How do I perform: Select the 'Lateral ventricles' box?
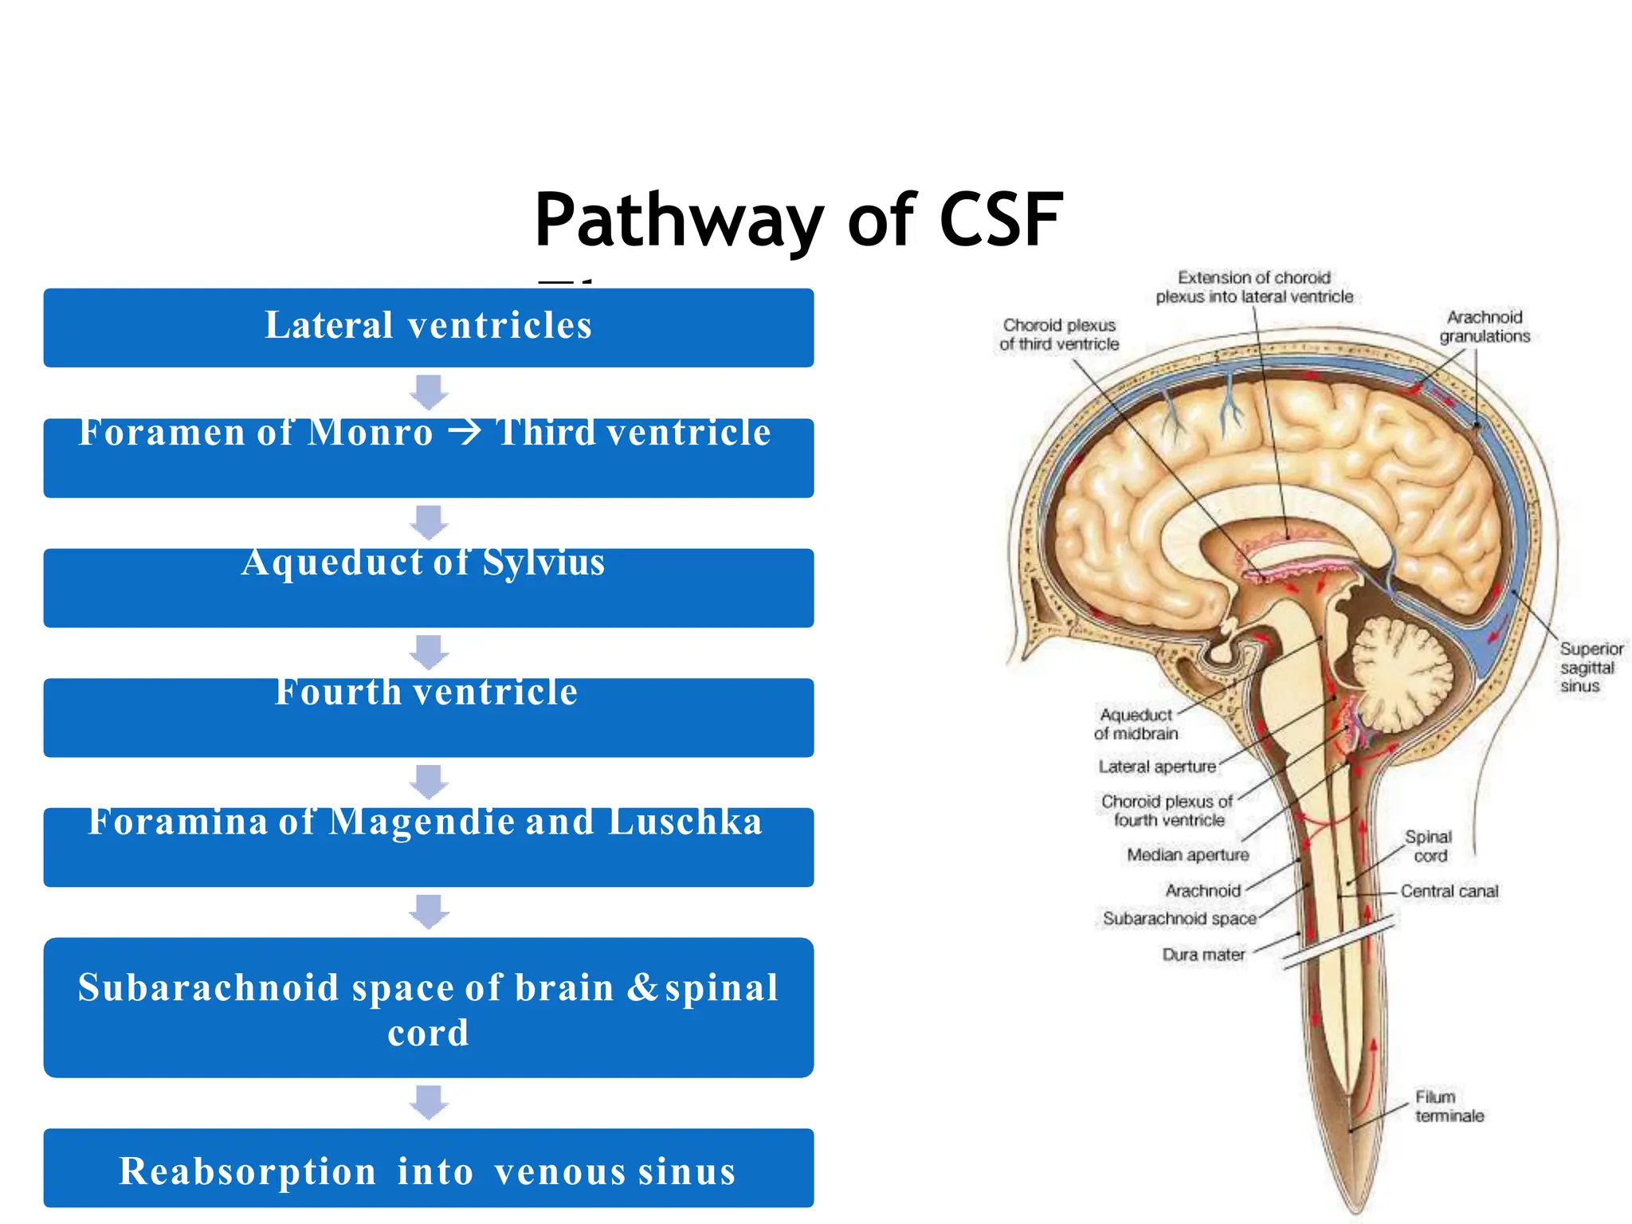[429, 327]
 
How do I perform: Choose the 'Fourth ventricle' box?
[429, 716]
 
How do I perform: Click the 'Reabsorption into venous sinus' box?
[429, 1168]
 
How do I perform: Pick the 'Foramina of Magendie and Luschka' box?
[429, 846]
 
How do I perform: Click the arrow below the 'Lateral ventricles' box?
[430, 391]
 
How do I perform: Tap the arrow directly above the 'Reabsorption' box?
[430, 1102]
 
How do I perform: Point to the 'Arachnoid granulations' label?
[1485, 327]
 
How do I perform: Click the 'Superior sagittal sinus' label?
[1590, 667]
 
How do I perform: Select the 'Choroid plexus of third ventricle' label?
[1059, 335]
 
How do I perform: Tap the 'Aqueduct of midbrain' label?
[1136, 724]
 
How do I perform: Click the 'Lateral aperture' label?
[1157, 767]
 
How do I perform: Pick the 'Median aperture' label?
[1187, 855]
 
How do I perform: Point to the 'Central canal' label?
[1450, 891]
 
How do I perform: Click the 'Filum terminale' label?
[1449, 1106]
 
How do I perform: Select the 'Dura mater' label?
[1203, 954]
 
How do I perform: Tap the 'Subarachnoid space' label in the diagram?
[1179, 919]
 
